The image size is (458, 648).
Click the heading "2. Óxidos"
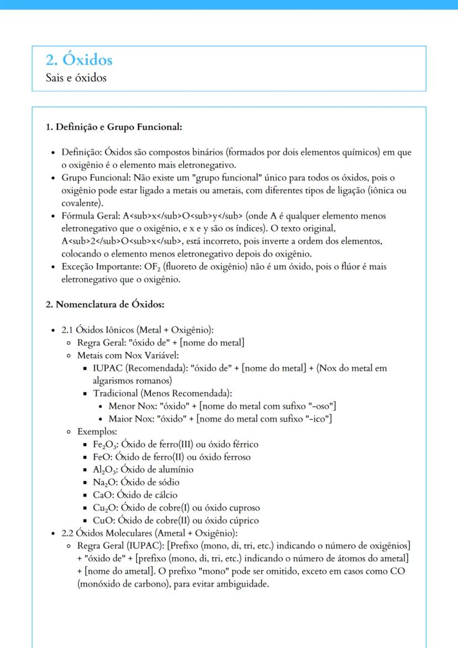79,60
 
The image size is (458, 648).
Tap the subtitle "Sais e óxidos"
76,78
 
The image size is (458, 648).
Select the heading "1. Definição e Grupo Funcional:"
114,127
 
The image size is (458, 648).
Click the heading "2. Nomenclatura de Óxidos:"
105,304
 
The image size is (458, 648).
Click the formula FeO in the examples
102,457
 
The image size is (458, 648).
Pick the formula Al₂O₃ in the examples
105,470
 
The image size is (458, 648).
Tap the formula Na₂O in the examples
105,483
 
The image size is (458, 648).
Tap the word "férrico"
243,444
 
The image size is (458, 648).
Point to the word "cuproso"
244,508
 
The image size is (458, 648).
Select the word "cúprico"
244,521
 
